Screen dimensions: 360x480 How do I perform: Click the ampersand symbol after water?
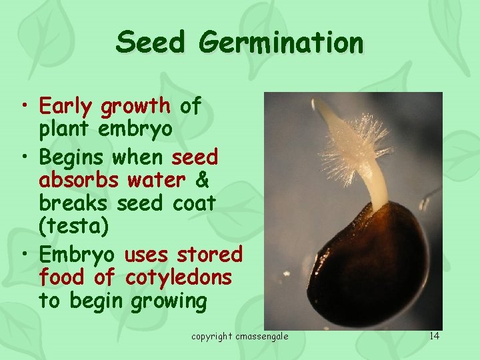[x=201, y=180]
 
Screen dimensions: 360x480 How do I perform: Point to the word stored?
[x=210, y=254]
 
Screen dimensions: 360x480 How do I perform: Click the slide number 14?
[x=435, y=335]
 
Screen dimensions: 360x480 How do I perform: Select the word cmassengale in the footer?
[x=262, y=336]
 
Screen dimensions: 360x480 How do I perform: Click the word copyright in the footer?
[x=212, y=336]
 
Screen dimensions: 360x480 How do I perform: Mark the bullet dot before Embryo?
[x=25, y=255]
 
